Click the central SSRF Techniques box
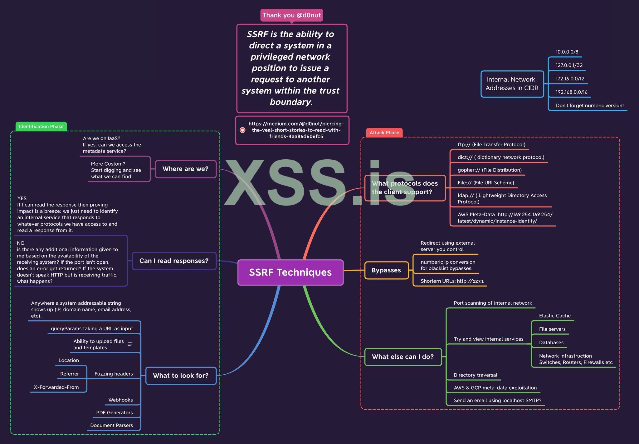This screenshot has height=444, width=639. (x=290, y=272)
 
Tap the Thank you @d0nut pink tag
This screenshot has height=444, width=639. (x=291, y=15)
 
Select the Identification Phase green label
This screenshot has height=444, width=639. (x=41, y=127)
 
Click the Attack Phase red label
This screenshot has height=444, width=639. (x=384, y=133)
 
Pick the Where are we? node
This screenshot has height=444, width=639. (x=185, y=169)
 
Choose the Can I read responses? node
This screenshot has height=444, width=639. (x=174, y=261)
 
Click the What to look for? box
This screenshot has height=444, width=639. (x=181, y=376)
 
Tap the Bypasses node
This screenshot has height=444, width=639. (x=386, y=270)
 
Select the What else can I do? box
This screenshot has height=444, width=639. (x=403, y=357)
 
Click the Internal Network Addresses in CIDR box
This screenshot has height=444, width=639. (x=512, y=84)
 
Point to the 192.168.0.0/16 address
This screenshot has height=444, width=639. (x=571, y=92)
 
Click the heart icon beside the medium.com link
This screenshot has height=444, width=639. (x=242, y=130)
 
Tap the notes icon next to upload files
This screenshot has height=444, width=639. (x=130, y=344)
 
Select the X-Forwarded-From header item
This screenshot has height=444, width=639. (x=56, y=387)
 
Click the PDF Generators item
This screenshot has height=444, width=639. (x=114, y=413)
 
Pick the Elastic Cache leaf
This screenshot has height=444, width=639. (x=554, y=316)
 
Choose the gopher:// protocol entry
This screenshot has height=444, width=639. (x=489, y=170)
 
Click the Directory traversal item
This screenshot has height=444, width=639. (x=475, y=375)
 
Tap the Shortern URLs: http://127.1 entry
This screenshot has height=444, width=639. (x=452, y=281)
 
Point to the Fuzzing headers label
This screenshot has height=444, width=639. (x=114, y=374)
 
